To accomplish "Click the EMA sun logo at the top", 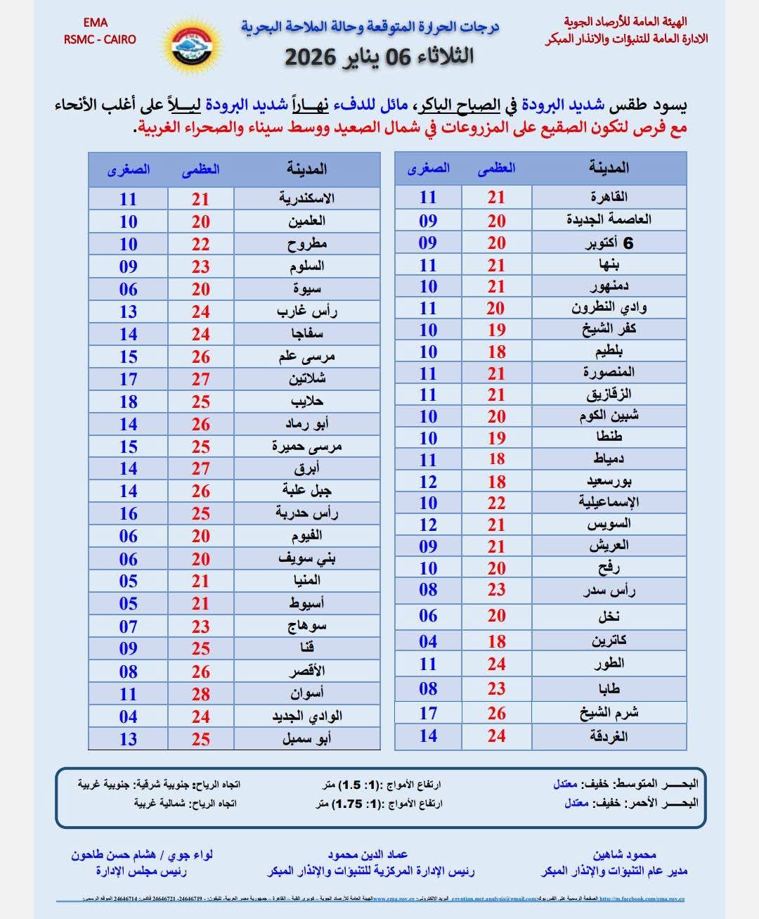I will pos(192,46).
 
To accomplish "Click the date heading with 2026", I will pos(379,56).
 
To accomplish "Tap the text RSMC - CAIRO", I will pos(99,39).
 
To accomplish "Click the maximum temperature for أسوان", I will pos(201,694).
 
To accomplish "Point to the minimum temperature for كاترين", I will pos(428,641).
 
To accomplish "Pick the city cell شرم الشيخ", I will pos(609,713).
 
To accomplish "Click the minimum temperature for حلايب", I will pos(128,401).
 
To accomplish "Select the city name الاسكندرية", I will pos(306,199).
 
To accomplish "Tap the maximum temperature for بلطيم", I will pos(497,352).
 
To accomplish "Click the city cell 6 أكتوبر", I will pos(609,243).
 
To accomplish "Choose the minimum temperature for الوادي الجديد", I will pos(128,716).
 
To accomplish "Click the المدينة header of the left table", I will pos(306,169).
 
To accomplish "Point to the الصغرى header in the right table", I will pos(428,169).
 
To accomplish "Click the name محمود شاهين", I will pos(624,854).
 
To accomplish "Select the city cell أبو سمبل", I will pos(306,739).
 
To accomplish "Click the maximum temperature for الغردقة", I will pos(497,736).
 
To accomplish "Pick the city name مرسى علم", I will pos(306,356).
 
